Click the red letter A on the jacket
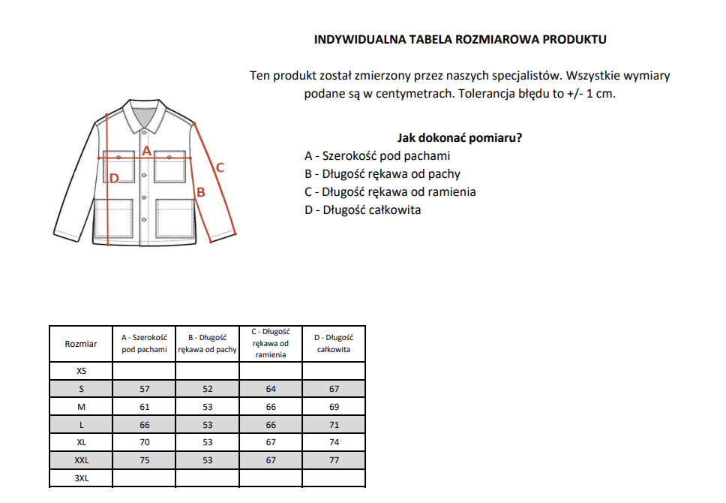[x=147, y=151]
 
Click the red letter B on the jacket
[x=200, y=192]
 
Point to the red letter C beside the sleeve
[x=220, y=167]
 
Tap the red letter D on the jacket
[x=114, y=179]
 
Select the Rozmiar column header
[x=80, y=344]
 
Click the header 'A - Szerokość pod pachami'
[x=144, y=344]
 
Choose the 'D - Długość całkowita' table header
[x=334, y=344]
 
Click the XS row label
[x=80, y=371]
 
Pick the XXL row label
[x=80, y=460]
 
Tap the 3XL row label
[x=80, y=477]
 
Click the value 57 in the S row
[x=144, y=389]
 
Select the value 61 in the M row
[x=144, y=407]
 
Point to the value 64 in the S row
[x=271, y=389]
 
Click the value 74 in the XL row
[x=334, y=442]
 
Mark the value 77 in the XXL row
[x=334, y=460]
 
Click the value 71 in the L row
[x=334, y=425]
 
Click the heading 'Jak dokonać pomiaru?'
[x=459, y=138]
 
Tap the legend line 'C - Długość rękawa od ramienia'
[x=390, y=191]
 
